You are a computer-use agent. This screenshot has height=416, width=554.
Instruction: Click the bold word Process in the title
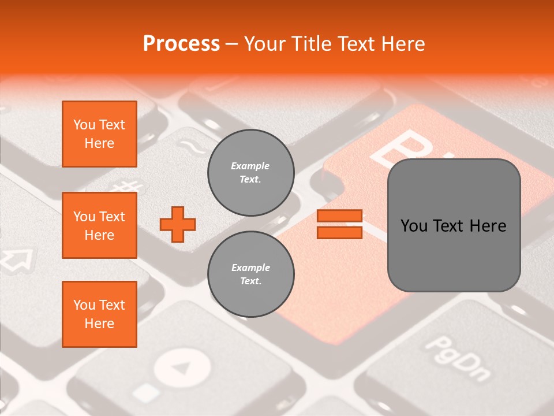(181, 43)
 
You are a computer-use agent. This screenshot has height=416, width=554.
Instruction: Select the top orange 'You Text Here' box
(99, 134)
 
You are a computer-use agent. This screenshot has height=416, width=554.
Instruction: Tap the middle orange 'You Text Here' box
(99, 225)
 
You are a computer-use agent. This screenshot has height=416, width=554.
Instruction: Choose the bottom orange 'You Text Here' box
(99, 314)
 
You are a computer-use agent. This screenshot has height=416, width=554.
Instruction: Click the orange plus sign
(178, 224)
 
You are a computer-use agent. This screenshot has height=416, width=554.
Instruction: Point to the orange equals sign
(339, 224)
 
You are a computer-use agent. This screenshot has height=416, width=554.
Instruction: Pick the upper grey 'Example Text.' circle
(251, 173)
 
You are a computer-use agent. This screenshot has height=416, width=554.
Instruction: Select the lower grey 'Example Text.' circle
(251, 274)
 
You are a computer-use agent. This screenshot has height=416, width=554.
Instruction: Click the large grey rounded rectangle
(454, 225)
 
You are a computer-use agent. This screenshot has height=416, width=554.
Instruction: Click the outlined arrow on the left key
(16, 258)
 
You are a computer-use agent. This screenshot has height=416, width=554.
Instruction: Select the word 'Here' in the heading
(403, 44)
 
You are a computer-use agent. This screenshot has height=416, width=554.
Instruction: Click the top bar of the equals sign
(339, 216)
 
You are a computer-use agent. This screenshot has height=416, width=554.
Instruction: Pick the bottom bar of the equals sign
(339, 232)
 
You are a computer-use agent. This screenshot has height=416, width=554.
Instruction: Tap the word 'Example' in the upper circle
(250, 166)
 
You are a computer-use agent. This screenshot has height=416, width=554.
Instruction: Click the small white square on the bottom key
(148, 392)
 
